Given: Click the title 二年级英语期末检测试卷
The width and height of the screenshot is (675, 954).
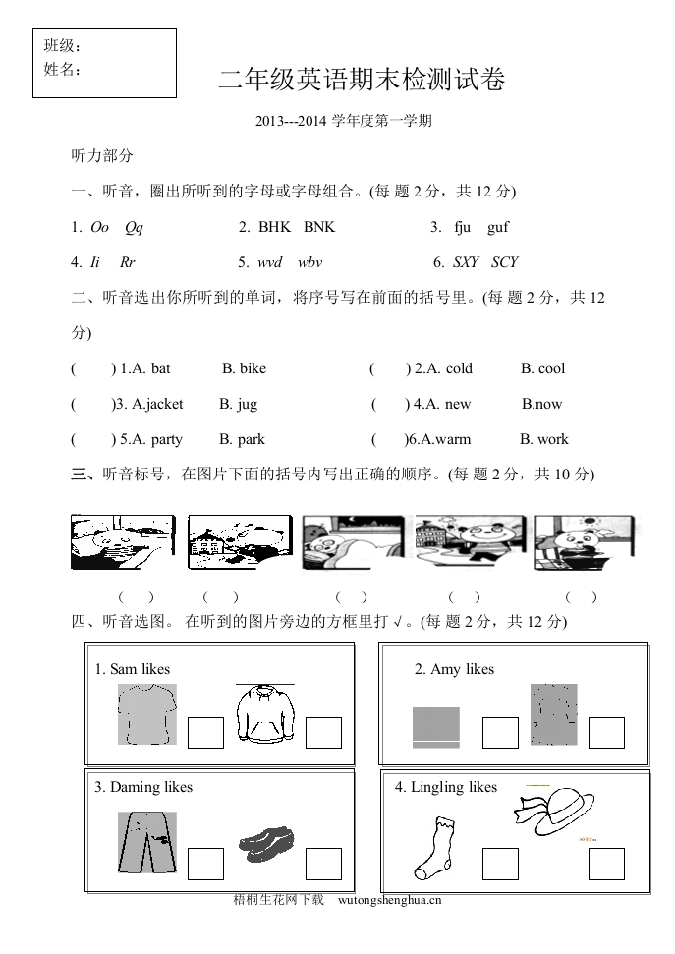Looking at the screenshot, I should [x=362, y=81].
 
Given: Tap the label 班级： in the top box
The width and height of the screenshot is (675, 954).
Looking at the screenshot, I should [x=62, y=47].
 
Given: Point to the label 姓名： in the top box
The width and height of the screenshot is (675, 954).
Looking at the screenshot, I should [x=62, y=70].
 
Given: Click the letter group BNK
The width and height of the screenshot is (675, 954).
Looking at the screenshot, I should [x=319, y=227].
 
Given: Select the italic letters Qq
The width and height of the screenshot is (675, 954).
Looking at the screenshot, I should [x=134, y=227].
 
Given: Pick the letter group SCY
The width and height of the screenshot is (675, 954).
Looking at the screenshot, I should [x=504, y=262].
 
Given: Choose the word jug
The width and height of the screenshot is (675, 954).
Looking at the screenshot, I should [x=246, y=404].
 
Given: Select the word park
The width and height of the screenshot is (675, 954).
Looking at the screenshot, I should [x=252, y=439].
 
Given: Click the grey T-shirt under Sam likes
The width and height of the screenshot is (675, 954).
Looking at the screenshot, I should [x=146, y=714].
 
